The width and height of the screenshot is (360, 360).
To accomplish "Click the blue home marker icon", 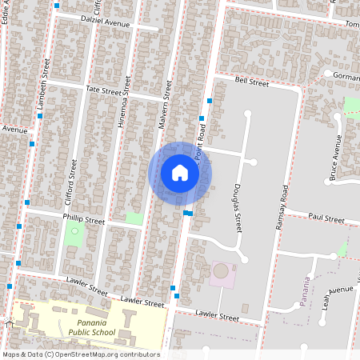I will pyautogui.click(x=180, y=173).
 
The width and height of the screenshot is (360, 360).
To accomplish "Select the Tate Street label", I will pyautogui.click(x=102, y=90).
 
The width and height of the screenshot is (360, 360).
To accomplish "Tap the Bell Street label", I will pyautogui.click(x=251, y=81).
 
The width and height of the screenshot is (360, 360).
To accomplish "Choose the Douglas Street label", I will pyautogui.click(x=238, y=206).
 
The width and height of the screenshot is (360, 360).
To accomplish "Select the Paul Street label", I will pyautogui.click(x=326, y=218).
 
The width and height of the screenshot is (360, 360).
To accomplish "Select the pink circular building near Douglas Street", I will pyautogui.click(x=220, y=271).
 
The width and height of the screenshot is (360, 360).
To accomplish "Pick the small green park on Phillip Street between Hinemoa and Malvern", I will pyautogui.click(x=134, y=218).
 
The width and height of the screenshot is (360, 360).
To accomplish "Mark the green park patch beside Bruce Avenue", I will pyautogui.click(x=351, y=105).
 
